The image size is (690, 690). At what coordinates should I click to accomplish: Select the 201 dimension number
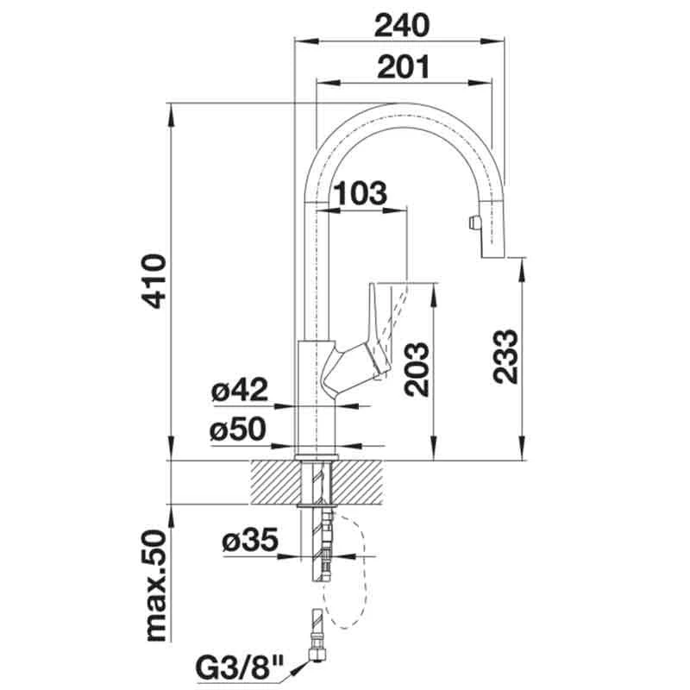pos(403,67)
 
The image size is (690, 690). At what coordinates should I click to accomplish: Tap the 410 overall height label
pos(154,282)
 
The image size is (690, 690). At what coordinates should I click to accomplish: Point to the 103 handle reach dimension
pos(361,192)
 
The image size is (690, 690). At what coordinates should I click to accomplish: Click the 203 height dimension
pos(417,370)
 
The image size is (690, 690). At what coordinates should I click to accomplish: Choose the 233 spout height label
pos(505,356)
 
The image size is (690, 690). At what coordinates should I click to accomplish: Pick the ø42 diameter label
pos(240,390)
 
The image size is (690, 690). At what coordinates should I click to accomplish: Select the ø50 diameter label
pos(238,429)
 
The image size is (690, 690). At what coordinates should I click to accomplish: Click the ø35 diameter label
pos(250,540)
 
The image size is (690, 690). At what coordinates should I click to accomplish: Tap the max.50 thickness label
pos(155,586)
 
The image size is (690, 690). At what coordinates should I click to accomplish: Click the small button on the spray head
pos(474,223)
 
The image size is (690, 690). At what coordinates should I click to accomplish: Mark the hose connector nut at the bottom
pos(316,655)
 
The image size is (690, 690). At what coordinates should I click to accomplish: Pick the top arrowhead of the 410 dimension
pos(171,116)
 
